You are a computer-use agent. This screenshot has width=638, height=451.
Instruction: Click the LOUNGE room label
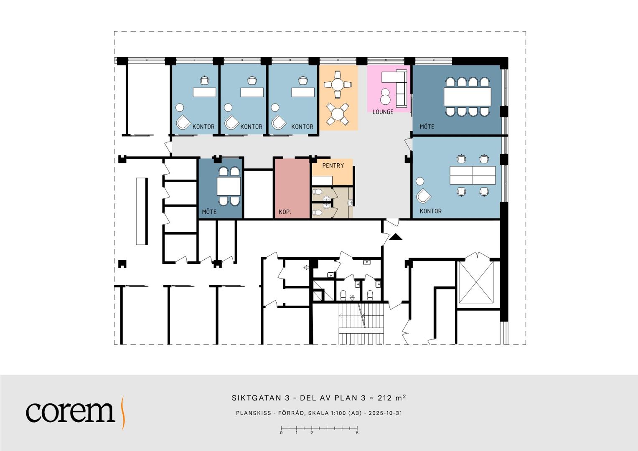point(383,112)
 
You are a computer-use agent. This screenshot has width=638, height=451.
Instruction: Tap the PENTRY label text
point(333,165)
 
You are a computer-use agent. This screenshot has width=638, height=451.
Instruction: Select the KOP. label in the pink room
point(285,212)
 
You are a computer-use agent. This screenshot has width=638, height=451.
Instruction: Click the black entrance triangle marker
point(396,237)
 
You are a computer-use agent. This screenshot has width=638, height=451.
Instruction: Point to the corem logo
point(76,412)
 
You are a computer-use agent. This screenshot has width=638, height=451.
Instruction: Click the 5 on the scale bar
point(357,433)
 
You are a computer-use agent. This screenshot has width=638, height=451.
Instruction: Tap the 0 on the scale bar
point(282,433)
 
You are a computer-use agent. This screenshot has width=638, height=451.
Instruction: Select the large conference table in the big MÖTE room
point(468,97)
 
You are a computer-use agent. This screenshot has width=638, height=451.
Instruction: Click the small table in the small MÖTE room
point(229,186)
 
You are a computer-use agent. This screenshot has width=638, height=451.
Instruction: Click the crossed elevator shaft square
point(476,282)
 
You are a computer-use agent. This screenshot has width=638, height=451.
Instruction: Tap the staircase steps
point(361,324)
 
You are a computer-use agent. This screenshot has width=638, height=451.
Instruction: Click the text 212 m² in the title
point(391,398)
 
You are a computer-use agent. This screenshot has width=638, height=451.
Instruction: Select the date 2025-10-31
point(385,413)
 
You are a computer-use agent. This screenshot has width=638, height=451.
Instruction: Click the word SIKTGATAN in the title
point(257,398)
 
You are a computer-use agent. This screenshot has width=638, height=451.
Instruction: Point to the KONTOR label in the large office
point(431,211)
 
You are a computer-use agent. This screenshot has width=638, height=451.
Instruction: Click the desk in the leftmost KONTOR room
point(204,92)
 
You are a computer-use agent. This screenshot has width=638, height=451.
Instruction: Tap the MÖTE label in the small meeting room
point(209,212)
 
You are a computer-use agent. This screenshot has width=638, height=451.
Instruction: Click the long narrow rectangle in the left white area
point(142,211)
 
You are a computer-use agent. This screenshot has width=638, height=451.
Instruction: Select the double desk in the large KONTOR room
point(473,175)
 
